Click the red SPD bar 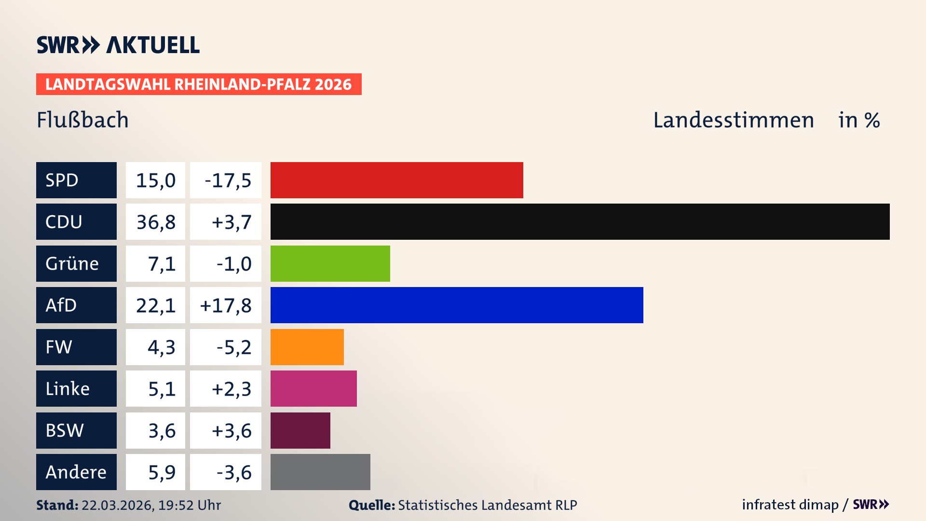point(396,180)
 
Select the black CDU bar point(580,221)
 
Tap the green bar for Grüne point(330,263)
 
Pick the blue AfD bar point(456,305)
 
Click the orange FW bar point(307,347)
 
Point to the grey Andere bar point(320,472)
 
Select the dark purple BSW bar point(300,430)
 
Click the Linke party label point(68,388)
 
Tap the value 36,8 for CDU point(155,222)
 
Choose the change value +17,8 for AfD point(225,305)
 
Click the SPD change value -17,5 point(228,180)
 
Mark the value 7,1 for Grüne point(161,264)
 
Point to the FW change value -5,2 point(233,347)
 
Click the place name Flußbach point(82,120)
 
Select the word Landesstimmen point(733,120)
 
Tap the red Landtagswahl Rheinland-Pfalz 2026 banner point(198,84)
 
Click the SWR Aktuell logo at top point(118,45)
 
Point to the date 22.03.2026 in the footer point(117,505)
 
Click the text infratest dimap point(790,505)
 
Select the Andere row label point(76,472)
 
